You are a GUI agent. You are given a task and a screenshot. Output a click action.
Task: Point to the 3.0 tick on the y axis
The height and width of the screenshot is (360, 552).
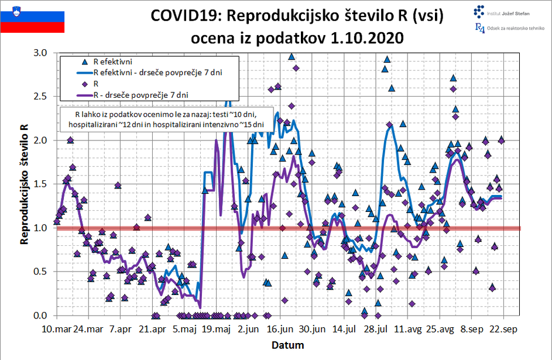[41, 53]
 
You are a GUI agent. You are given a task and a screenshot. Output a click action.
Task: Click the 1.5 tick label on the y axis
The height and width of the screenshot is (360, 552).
[41, 184]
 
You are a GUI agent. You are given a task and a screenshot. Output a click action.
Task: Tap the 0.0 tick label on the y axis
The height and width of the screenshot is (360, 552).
[41, 316]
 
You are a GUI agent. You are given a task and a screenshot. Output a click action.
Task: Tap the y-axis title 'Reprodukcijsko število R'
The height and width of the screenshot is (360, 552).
[24, 184]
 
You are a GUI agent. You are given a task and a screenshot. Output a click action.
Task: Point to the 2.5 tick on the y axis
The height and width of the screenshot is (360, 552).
[41, 97]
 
